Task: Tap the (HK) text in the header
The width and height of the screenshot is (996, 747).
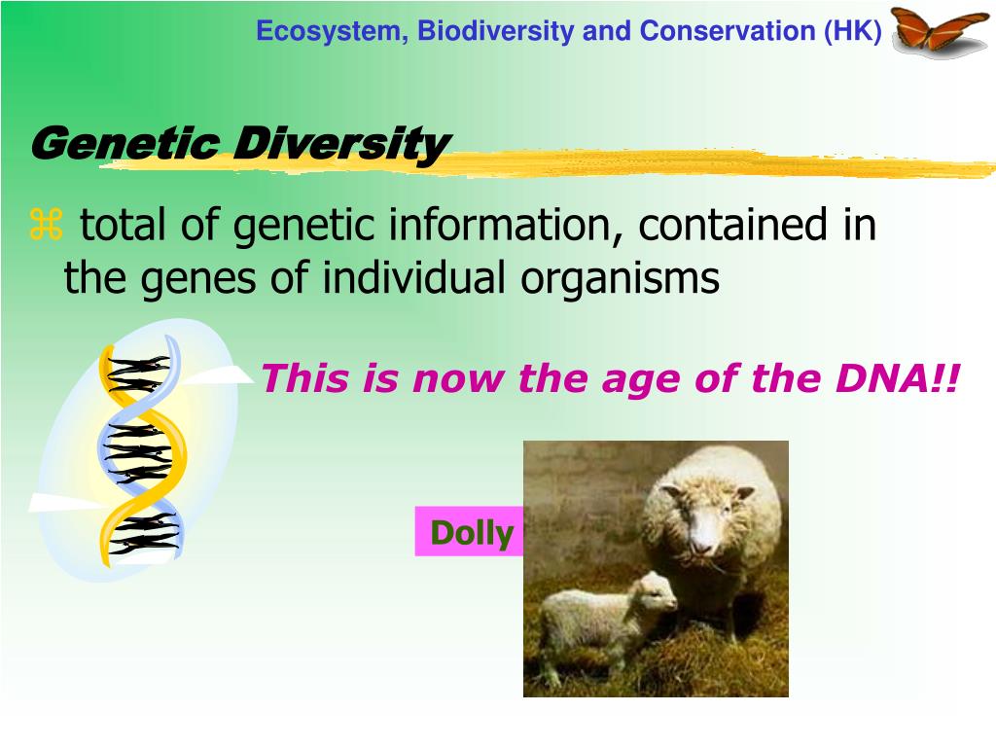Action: click(x=852, y=31)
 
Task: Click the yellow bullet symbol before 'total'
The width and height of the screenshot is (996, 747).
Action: click(x=46, y=225)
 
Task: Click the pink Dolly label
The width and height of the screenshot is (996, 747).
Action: click(x=470, y=532)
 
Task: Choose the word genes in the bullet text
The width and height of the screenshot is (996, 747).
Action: click(x=198, y=279)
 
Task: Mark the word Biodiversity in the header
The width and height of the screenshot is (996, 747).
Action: click(x=495, y=31)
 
